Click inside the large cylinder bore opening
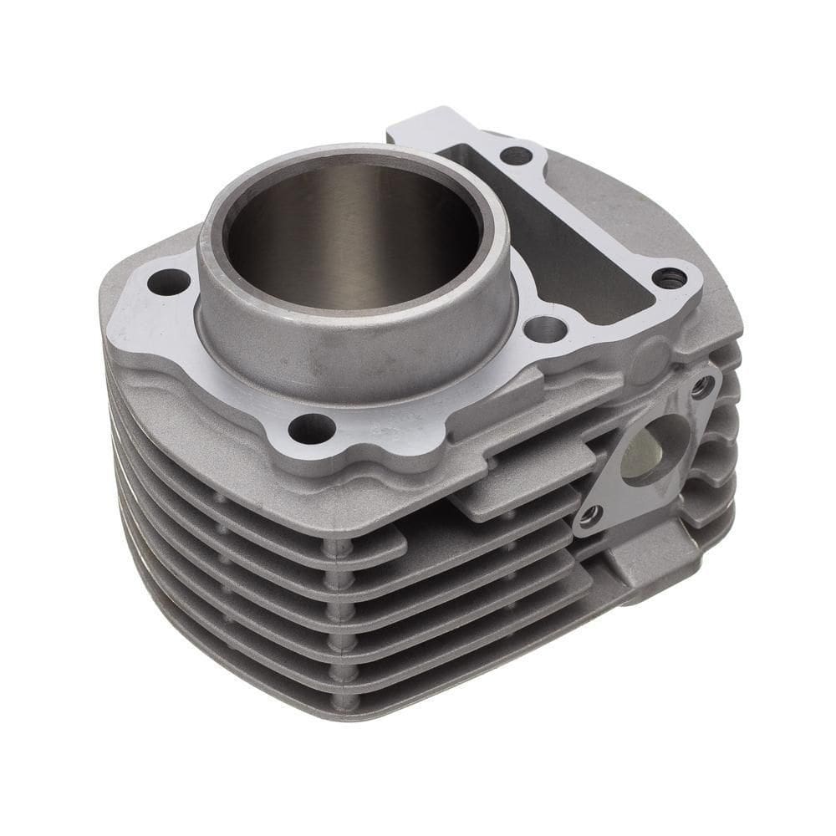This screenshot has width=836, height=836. pos(351,234)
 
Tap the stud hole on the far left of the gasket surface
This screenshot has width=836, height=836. pos(168,283)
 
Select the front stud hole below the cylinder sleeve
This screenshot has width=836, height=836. pos(311,429)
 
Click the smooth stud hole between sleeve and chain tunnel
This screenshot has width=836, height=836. pos(546,329)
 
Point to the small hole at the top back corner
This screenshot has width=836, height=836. pos(516,155)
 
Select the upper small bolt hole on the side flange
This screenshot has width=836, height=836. pos(702,386)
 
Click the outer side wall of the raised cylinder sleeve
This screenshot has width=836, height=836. pos(351,351)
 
